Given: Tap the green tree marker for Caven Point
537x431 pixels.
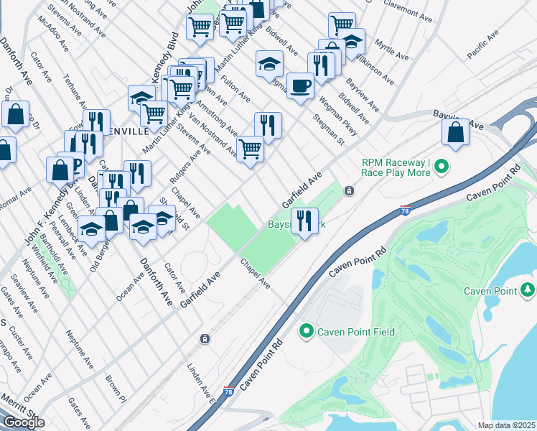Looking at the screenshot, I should [528, 289].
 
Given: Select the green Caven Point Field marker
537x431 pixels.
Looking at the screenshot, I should [307, 331].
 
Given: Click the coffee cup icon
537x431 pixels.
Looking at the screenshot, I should [300, 85].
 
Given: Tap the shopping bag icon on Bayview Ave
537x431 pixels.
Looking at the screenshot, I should [455, 132].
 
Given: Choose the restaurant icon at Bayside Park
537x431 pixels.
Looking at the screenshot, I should [304, 221].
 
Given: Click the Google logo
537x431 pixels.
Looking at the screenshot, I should [24, 422].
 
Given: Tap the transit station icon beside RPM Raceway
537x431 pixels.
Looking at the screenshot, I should [349, 191].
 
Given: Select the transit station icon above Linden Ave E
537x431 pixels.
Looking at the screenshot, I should [205, 338].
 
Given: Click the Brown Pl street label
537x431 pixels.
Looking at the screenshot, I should [115, 387].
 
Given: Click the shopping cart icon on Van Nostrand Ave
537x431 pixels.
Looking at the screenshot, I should [250, 149].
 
